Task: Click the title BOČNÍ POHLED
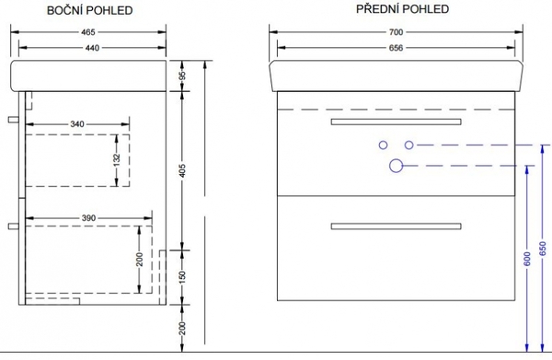[x=90, y=10]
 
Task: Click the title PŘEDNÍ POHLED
[x=402, y=9]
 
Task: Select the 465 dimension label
[x=88, y=32]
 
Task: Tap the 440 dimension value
[x=92, y=48]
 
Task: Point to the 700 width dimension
[x=396, y=32]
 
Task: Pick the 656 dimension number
[x=396, y=48]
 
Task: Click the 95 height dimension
[x=182, y=76]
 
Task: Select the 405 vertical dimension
[x=182, y=170]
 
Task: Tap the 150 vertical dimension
[x=182, y=277]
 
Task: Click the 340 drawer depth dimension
[x=77, y=124]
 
